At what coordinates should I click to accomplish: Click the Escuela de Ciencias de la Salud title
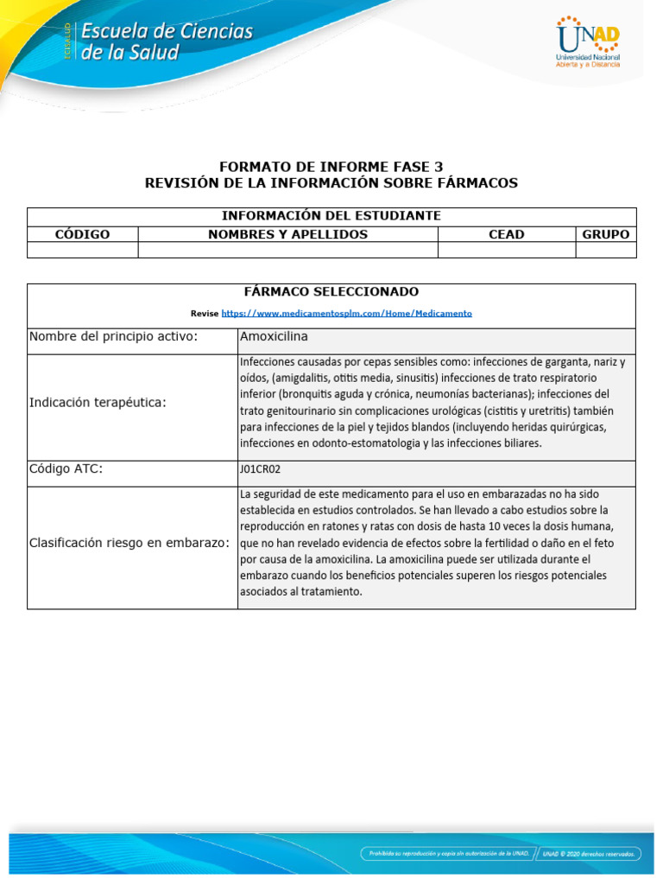(167, 42)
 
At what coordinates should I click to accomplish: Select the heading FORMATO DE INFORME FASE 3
(331, 167)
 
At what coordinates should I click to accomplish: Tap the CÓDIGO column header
(83, 234)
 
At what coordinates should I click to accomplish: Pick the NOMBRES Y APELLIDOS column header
(287, 234)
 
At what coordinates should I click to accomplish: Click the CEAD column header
(506, 234)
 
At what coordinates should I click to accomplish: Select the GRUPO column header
(605, 234)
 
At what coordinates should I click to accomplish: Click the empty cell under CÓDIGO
(83, 250)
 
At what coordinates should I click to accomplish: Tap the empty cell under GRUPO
(605, 250)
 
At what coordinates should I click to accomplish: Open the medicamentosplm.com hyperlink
(346, 313)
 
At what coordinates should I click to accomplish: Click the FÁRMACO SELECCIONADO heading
(331, 292)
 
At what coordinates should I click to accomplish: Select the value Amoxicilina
(274, 336)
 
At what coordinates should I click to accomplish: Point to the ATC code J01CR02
(260, 469)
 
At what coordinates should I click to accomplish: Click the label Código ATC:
(72, 468)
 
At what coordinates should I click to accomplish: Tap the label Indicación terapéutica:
(98, 402)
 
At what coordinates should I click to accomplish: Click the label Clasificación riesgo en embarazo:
(129, 543)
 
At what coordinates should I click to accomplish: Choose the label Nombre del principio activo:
(113, 336)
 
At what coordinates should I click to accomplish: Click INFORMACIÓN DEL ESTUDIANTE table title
(331, 215)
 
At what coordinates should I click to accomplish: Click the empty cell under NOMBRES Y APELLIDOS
(287, 250)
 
